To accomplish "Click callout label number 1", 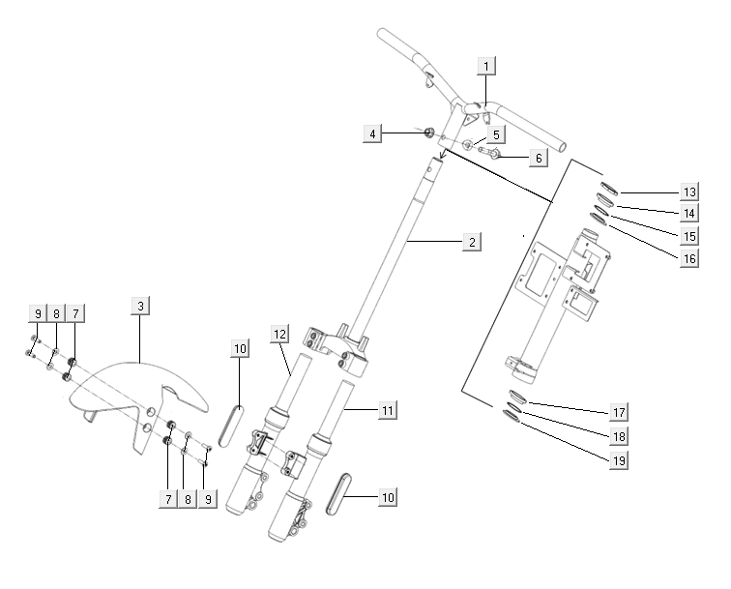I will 487,66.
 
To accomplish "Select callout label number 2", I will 471,242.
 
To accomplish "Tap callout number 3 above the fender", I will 140,307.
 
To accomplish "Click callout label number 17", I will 620,413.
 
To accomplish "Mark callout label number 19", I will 620,459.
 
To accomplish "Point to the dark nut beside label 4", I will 427,131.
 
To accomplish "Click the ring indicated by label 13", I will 608,189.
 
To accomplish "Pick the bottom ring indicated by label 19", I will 512,416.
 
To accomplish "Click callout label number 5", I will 494,134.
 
